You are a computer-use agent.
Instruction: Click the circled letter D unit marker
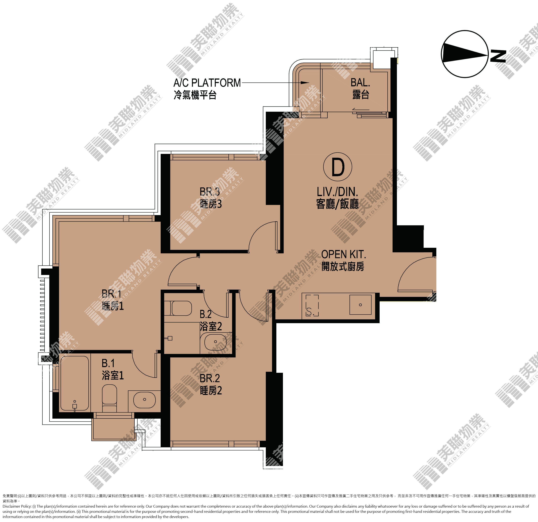pos(338,167)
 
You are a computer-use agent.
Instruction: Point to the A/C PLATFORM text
pos(207,83)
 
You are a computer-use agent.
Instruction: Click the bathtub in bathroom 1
pos(74,383)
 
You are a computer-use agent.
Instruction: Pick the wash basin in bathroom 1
pos(144,400)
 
